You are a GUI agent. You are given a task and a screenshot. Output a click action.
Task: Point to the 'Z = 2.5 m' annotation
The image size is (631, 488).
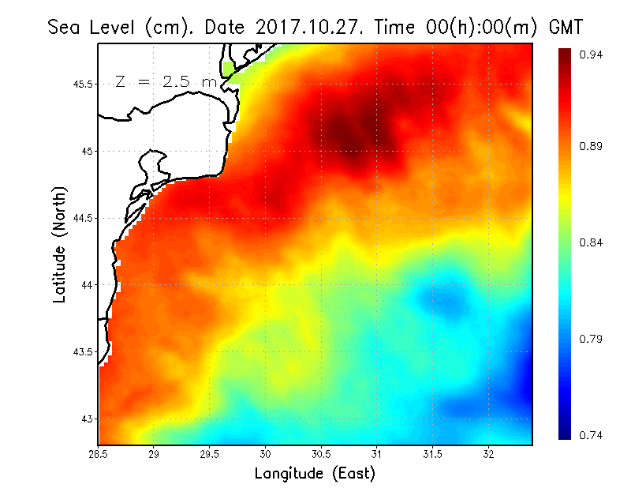click(165, 82)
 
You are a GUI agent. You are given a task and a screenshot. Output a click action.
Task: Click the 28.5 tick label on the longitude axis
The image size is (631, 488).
click(99, 454)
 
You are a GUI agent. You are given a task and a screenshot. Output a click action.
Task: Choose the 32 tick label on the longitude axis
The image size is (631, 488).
click(489, 454)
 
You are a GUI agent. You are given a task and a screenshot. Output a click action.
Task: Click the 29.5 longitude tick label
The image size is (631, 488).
click(210, 454)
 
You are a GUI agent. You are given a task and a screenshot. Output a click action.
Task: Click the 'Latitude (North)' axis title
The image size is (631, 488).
click(59, 245)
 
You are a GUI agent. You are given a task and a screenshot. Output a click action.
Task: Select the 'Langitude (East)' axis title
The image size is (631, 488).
click(315, 474)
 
